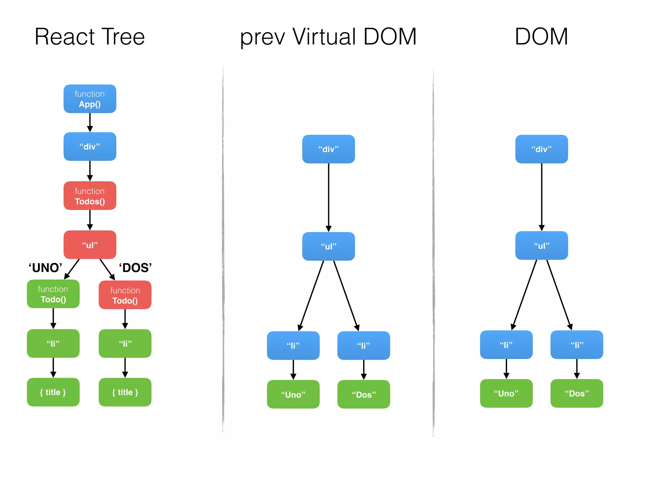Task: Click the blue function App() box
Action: point(90,99)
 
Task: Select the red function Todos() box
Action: point(90,196)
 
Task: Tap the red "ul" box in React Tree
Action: point(90,245)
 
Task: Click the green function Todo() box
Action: point(53,294)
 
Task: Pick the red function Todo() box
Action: point(125,295)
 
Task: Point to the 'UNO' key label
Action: point(45,268)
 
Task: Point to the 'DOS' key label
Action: point(136,268)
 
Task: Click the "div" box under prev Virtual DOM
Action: point(329,149)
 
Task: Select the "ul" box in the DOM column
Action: point(542,246)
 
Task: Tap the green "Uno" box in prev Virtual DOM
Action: point(293,394)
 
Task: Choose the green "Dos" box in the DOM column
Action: point(577,393)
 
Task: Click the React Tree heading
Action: point(90,37)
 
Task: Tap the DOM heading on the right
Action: point(541,37)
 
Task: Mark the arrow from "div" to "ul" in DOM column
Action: point(542,197)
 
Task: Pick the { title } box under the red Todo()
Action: point(125,392)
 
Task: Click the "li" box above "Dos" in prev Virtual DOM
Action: point(364,345)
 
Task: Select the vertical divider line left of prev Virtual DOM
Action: point(223,248)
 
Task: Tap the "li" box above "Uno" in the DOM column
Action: point(506,345)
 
